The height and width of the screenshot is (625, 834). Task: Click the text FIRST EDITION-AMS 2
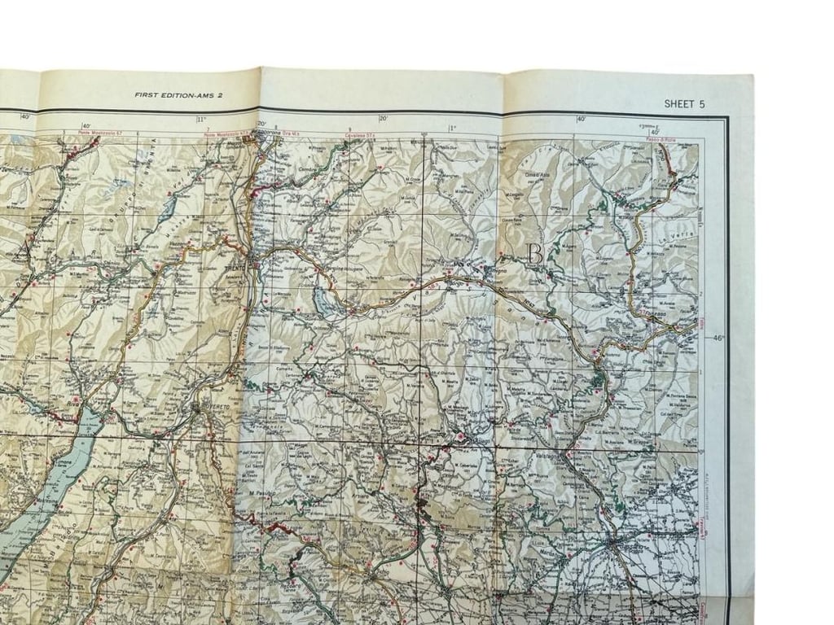[x=179, y=94]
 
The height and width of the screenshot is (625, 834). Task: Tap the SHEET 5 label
[x=684, y=104]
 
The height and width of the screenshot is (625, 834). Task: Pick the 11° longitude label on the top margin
[x=200, y=120]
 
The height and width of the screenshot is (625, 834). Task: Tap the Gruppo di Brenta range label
[x=143, y=171]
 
